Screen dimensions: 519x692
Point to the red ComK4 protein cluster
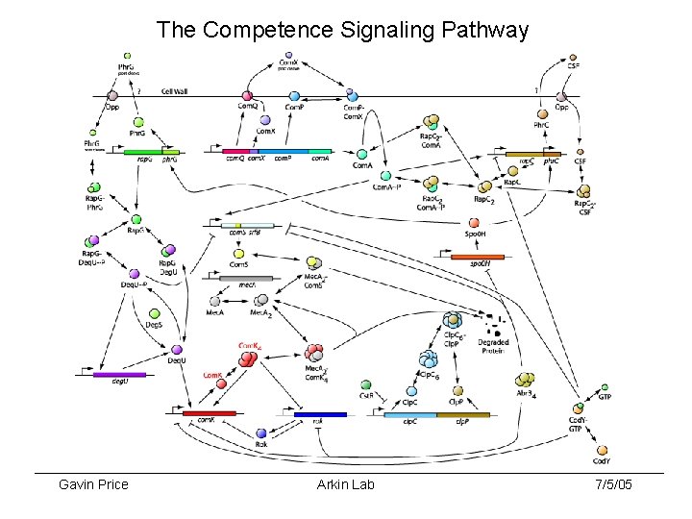tap(248, 359)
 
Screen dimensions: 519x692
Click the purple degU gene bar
tap(120, 374)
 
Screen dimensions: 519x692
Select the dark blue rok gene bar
tap(316, 413)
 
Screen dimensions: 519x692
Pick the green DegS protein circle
tap(154, 314)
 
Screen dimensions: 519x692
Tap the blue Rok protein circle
tap(260, 434)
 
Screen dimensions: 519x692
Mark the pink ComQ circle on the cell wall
tap(249, 94)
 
